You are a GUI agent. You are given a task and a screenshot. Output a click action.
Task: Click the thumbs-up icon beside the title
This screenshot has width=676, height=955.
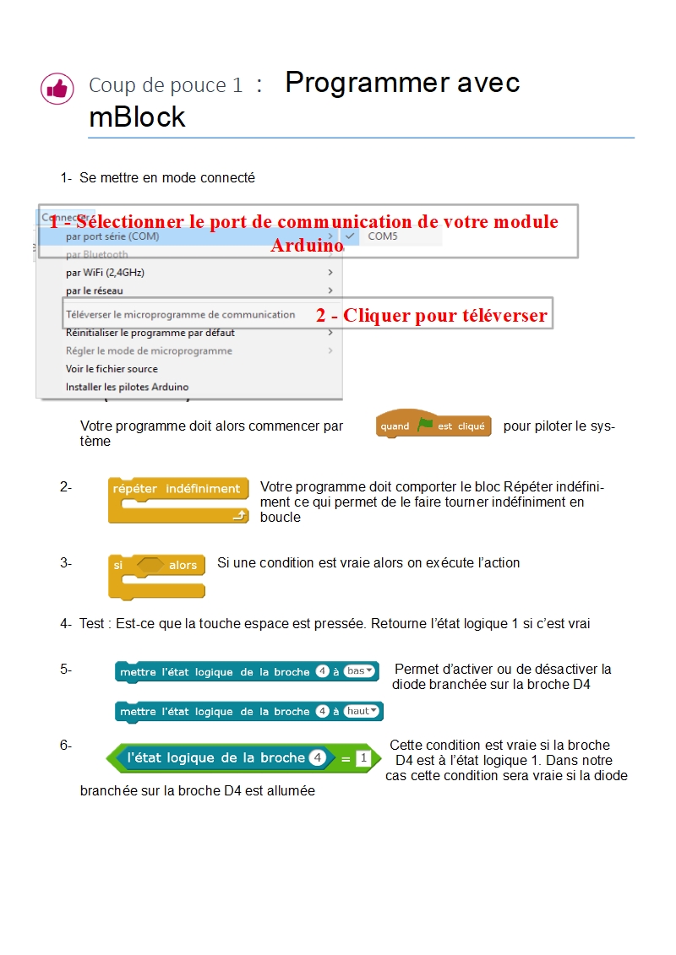57,88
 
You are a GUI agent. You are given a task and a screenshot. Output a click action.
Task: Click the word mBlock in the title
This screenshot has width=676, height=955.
137,117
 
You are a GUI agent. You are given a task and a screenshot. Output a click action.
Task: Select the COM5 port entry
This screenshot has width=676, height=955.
382,236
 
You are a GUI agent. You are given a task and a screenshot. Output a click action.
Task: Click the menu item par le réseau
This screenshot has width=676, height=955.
94,290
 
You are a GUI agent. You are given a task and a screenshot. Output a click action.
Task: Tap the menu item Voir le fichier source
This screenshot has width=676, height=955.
112,369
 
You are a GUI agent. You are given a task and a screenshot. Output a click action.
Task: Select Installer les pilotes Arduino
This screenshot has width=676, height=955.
128,387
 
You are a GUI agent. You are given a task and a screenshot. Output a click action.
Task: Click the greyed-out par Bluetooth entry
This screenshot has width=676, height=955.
96,254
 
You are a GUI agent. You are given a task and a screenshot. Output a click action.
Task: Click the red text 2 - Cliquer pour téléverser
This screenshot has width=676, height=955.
432,317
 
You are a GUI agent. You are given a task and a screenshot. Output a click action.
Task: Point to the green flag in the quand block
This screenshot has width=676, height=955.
424,426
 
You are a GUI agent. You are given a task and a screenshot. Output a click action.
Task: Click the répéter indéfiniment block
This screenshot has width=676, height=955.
177,489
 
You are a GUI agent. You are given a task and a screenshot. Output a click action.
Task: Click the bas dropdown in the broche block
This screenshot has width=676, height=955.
360,671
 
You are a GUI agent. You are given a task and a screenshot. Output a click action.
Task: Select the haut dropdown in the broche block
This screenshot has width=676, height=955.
362,711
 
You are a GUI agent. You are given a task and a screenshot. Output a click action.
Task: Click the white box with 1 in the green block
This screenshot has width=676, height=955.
363,758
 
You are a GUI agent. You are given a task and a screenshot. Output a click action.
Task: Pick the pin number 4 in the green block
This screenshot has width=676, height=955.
317,758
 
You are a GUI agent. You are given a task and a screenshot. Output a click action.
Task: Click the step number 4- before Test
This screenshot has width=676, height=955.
66,624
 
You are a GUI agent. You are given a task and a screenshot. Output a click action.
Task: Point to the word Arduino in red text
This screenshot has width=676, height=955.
307,246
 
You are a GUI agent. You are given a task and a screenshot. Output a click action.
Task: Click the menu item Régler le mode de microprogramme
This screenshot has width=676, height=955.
149,350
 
